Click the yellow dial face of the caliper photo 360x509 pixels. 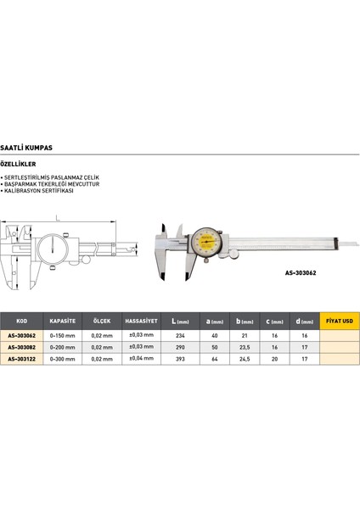click(x=207, y=241)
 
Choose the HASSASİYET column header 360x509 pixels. click(x=139, y=322)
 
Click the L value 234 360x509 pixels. click(x=181, y=335)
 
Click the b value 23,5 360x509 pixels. click(x=245, y=346)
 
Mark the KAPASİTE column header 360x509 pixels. click(x=63, y=322)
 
